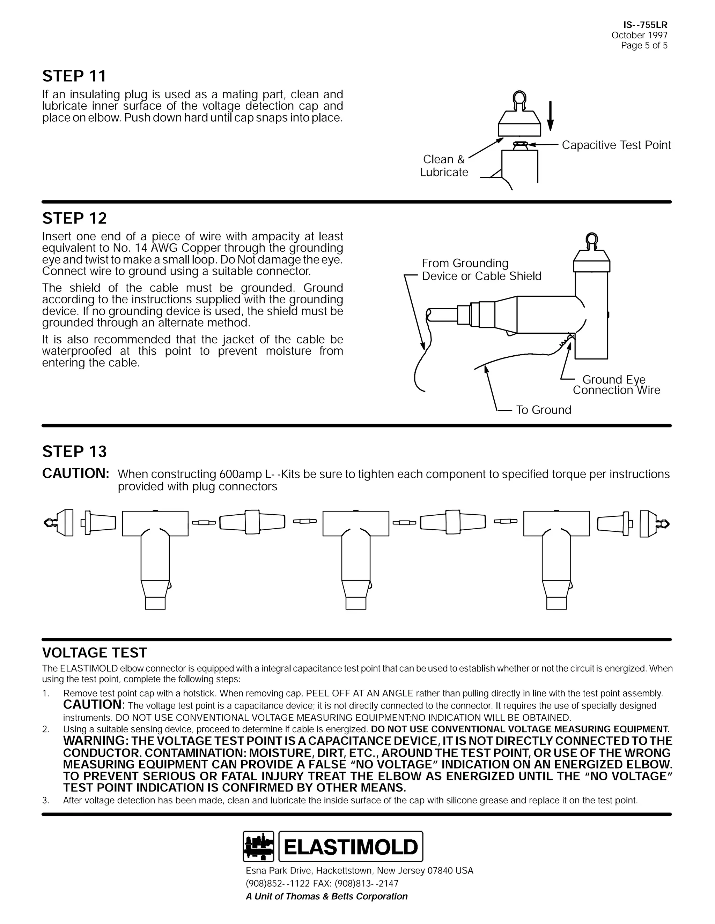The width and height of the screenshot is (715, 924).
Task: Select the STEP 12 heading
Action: [x=75, y=218]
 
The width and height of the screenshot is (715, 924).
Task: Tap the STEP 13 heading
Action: [x=75, y=452]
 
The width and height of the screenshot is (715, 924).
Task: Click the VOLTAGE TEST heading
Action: [x=95, y=653]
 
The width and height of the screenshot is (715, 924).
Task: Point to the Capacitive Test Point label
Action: [x=616, y=145]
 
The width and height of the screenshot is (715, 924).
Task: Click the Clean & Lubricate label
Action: [x=444, y=166]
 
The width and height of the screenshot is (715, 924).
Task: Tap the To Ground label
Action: [x=544, y=410]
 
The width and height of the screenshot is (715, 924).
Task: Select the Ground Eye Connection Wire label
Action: [x=616, y=385]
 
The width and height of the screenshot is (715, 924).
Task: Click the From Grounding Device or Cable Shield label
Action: [x=481, y=270]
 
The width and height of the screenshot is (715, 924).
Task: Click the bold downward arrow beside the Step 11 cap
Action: [x=550, y=116]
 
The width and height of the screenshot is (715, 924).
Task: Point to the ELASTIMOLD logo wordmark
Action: [x=351, y=847]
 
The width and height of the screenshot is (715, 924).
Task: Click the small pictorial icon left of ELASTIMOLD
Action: [x=258, y=847]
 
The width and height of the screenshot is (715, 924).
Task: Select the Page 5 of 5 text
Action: [x=644, y=46]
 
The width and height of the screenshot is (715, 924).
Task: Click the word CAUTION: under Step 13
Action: [x=76, y=474]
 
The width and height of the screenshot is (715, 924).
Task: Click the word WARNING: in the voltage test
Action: [x=95, y=741]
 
